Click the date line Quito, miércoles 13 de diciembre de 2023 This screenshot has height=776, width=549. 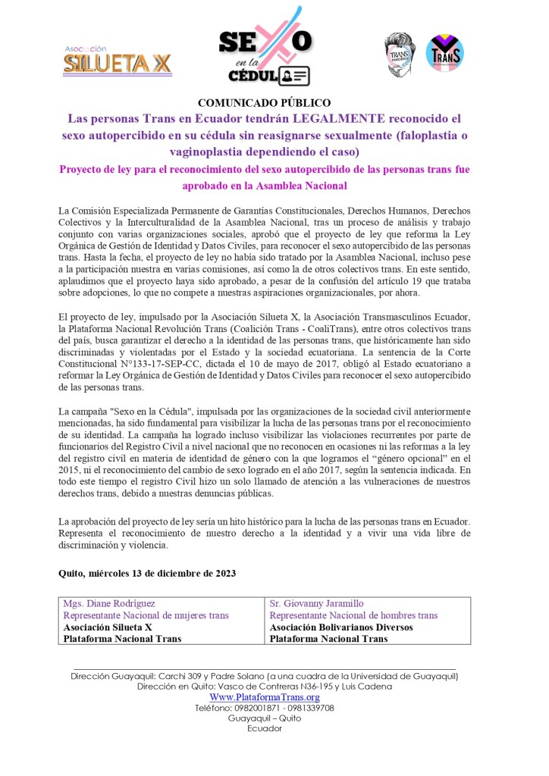[146, 573]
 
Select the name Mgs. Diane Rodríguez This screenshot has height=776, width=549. [109, 603]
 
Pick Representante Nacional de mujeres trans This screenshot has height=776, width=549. [146, 615]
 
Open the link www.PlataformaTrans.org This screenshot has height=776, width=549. [264, 697]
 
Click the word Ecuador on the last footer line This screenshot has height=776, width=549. [264, 728]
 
